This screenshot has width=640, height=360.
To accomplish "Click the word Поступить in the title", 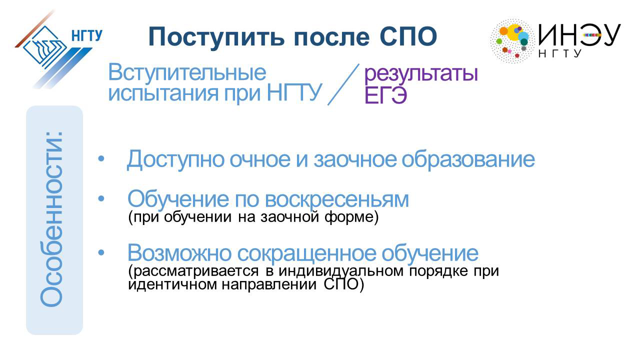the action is [x=216, y=37].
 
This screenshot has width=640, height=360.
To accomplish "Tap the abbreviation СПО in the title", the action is [x=408, y=36].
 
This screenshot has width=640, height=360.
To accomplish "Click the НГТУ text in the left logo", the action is [x=86, y=35].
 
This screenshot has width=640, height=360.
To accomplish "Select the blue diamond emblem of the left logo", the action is [x=45, y=47].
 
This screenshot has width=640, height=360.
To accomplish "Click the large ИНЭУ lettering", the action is [x=579, y=34].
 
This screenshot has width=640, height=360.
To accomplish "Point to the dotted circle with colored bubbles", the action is [x=512, y=41].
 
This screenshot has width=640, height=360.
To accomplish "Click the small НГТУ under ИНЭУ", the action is [x=559, y=53].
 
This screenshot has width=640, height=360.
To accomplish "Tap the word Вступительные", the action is [x=187, y=72].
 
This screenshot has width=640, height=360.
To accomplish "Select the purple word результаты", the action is [x=421, y=73].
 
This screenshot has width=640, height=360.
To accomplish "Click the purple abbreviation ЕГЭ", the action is [x=385, y=95].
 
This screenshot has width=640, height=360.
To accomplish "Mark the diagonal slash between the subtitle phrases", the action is [x=343, y=84].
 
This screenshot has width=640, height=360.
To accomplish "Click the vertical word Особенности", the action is [x=51, y=219].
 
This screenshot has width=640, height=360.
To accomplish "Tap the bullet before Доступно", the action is [x=101, y=159].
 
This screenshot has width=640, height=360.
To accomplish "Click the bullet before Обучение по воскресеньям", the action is [x=101, y=199].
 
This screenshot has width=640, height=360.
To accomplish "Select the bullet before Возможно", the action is [x=101, y=252].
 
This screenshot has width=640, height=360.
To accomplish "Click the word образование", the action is [x=468, y=159].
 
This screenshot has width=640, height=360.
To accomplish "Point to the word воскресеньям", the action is [x=337, y=199].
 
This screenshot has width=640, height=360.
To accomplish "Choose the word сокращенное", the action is [x=307, y=253].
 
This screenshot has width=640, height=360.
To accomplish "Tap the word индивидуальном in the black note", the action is [x=341, y=271].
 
